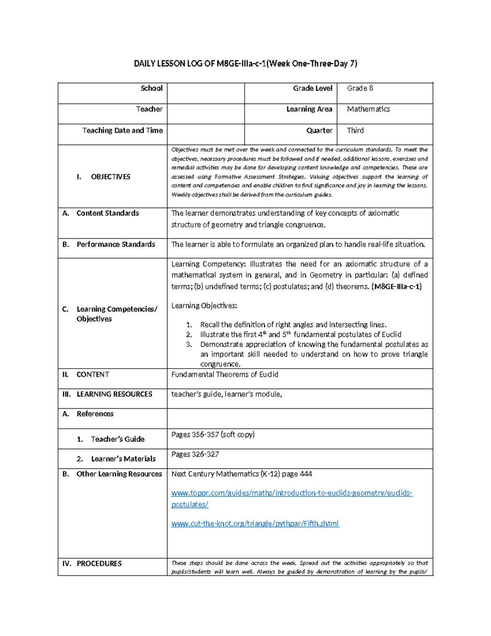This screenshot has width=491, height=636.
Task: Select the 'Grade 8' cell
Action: tap(360, 88)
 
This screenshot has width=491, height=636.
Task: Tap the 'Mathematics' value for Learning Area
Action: tap(368, 109)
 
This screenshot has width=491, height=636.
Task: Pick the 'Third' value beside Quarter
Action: tap(355, 131)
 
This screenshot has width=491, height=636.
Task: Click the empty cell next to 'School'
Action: tap(205, 93)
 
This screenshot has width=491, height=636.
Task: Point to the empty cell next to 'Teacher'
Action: tap(205, 114)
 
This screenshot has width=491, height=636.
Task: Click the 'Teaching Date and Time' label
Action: tap(122, 131)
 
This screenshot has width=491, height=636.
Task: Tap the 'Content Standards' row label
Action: tap(107, 213)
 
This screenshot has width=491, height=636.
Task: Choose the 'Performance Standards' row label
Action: tap(115, 244)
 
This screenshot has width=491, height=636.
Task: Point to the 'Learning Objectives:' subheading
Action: tap(204, 306)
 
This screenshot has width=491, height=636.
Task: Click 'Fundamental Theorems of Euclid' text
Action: tap(225, 375)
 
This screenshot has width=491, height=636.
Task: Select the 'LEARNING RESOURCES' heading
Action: tap(114, 394)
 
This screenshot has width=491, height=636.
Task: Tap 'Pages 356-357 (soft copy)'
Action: tap(213, 435)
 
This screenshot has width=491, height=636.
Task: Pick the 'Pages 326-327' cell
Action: tap(195, 454)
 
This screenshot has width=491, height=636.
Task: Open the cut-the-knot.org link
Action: tap(255, 524)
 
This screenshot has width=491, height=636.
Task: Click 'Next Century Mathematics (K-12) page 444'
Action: tap(241, 474)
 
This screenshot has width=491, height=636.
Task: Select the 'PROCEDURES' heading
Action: tap(99, 564)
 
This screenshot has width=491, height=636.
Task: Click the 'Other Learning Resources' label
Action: tap(119, 474)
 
